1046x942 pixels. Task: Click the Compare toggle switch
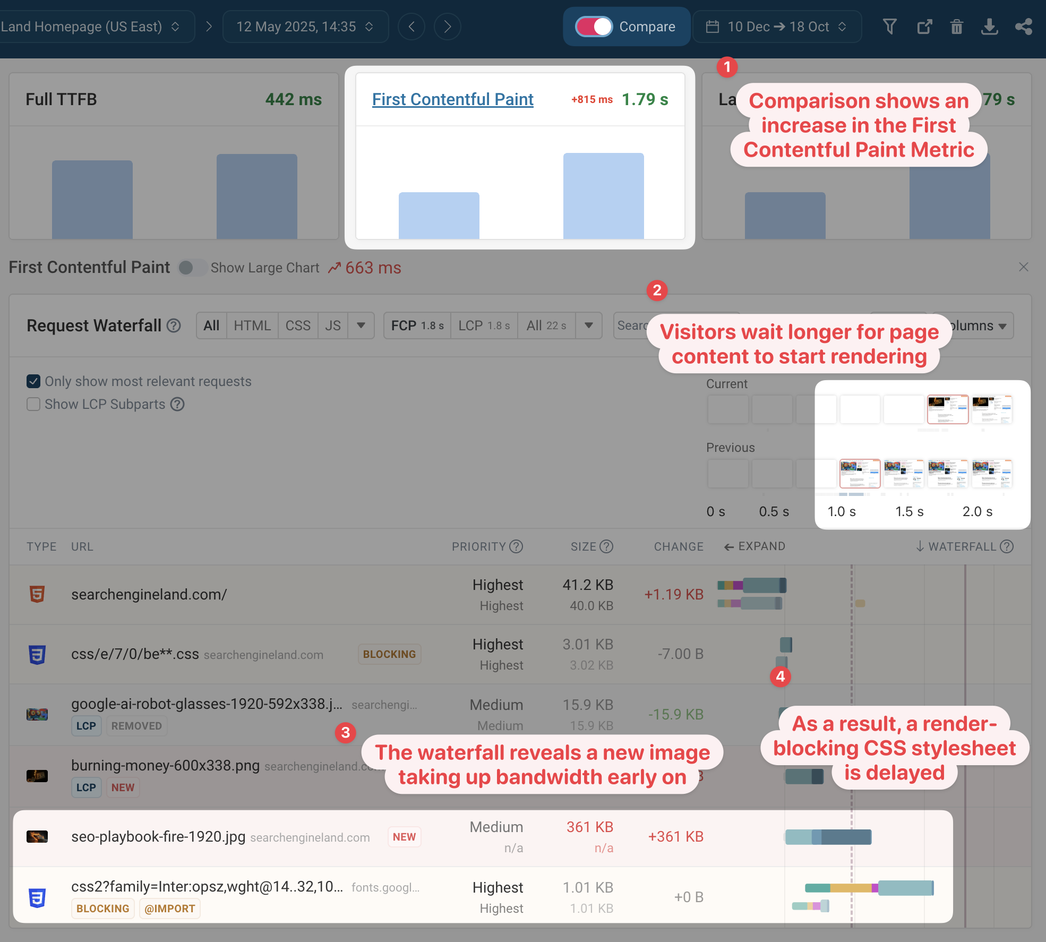click(594, 27)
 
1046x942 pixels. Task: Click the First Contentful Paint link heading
click(452, 99)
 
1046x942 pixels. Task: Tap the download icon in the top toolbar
click(989, 27)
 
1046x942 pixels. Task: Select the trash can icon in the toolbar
click(956, 27)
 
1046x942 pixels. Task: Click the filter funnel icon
click(890, 27)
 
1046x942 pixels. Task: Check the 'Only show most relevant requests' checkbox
click(33, 381)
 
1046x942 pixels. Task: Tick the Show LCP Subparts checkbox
click(33, 404)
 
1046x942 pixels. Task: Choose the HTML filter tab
click(252, 326)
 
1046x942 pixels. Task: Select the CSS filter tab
click(298, 326)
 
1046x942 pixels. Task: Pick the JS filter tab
click(333, 326)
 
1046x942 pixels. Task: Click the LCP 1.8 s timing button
click(484, 326)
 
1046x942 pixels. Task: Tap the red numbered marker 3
click(346, 733)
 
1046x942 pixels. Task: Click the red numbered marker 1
click(727, 67)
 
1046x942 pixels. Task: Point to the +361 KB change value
click(675, 837)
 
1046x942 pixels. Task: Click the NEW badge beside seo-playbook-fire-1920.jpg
click(404, 837)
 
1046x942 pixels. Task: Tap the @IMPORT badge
click(169, 909)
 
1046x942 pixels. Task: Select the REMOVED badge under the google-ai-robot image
click(136, 726)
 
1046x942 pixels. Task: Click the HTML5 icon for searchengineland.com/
click(37, 594)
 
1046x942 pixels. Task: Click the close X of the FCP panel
click(1024, 267)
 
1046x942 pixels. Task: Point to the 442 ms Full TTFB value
click(294, 99)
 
